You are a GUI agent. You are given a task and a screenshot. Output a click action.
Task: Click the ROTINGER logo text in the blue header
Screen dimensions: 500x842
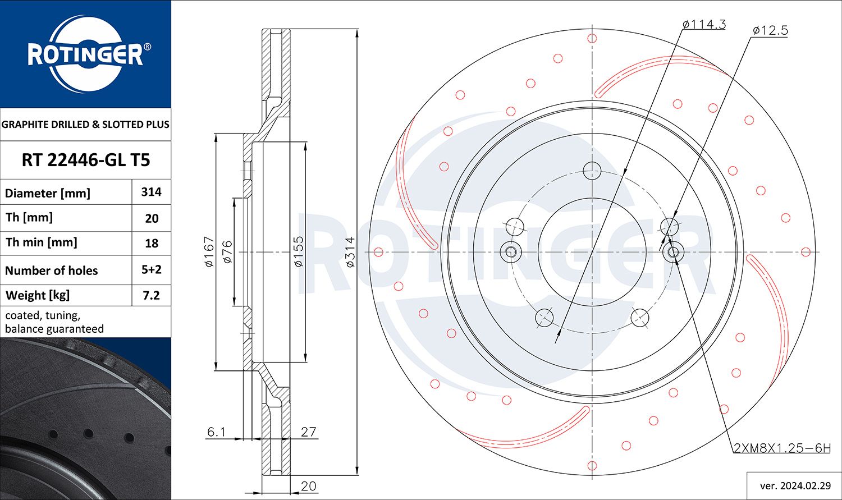pos(85,55)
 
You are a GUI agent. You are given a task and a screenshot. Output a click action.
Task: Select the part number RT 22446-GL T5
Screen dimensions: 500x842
pos(85,160)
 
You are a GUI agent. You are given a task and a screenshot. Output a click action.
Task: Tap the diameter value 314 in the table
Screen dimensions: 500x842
pos(151,192)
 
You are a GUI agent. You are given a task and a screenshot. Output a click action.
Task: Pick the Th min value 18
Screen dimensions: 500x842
pos(151,244)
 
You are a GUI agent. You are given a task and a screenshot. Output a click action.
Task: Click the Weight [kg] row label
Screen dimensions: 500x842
pos(38,295)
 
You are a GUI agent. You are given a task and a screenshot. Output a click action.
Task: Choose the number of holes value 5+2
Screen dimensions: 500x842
pos(151,270)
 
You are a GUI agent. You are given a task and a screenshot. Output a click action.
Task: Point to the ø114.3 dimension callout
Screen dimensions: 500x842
pos(704,24)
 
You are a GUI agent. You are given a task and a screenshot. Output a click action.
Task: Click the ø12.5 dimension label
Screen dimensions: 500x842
pos(770,30)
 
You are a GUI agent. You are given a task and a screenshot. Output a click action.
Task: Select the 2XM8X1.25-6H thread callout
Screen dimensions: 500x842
pos(782,448)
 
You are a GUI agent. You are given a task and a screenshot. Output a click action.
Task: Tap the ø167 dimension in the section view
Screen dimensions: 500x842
pos(209,251)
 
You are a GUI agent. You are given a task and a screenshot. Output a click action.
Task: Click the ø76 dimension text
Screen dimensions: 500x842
pos(227,251)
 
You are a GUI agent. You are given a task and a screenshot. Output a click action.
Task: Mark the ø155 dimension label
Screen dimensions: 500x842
pos(298,251)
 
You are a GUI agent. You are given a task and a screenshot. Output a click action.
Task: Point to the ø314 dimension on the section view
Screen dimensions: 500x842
pos(350,251)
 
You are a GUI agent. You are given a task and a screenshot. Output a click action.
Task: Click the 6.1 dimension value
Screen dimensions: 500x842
pos(216,432)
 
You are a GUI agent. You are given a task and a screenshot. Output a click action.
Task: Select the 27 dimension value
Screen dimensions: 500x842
pos(309,432)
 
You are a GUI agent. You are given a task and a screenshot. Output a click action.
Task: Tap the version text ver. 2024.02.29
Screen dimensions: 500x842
pos(794,485)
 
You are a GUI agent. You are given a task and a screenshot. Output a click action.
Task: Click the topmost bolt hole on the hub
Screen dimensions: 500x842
pos(592,170)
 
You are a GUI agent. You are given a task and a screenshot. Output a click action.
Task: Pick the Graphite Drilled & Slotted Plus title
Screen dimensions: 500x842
pos(85,125)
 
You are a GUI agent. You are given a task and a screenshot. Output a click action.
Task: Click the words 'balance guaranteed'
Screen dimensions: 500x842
pos(54,329)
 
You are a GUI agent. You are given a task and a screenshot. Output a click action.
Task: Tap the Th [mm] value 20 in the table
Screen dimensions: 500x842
pos(151,218)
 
